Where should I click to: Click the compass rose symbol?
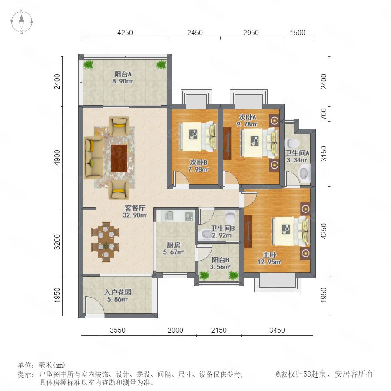coord(22,21)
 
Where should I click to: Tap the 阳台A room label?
coord(123,74)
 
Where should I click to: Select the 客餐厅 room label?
coord(135,208)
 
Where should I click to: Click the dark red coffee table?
coord(119,158)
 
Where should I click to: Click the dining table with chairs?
coord(105,242)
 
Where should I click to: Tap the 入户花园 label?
coord(118,292)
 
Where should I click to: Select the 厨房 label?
coord(173,245)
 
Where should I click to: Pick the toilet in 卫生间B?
coord(230,217)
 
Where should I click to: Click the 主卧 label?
coord(269,255)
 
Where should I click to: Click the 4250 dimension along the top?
coord(125,33)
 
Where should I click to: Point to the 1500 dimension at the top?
coord(298,33)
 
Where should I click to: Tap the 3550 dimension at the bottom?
coord(118,330)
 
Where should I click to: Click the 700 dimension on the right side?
coord(324,114)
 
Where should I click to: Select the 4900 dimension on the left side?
coord(57,158)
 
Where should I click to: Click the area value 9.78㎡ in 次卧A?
coord(247,124)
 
